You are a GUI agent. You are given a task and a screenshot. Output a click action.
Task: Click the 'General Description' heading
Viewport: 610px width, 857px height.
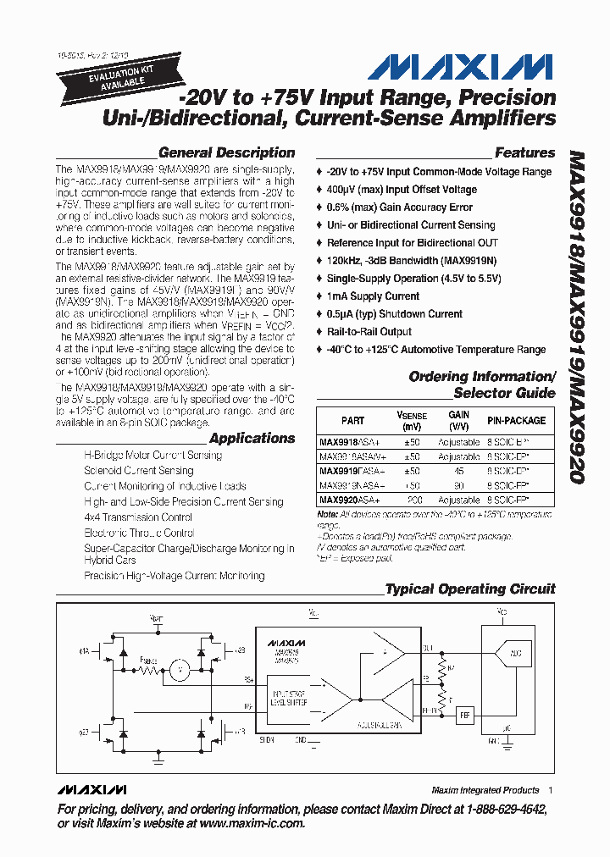click(226, 153)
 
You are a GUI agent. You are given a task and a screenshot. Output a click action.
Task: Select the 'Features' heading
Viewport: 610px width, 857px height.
click(524, 153)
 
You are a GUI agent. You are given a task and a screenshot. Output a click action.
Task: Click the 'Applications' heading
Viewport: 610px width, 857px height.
click(252, 439)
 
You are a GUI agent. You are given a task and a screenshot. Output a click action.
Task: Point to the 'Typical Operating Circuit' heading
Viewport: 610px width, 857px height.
click(470, 589)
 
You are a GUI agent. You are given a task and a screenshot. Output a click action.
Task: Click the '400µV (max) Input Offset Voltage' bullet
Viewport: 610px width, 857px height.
click(402, 190)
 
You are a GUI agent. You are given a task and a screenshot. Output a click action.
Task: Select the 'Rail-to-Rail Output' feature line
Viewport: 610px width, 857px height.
click(369, 331)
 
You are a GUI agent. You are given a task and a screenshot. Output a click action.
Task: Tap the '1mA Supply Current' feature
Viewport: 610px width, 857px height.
click(373, 296)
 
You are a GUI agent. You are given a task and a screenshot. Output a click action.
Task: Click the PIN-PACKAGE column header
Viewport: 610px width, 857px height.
click(517, 420)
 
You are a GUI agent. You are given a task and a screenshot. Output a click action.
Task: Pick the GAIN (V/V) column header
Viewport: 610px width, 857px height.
click(459, 420)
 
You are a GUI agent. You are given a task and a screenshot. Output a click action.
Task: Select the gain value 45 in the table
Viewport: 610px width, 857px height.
click(459, 470)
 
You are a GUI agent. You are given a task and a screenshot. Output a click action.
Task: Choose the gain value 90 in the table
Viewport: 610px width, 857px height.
click(459, 485)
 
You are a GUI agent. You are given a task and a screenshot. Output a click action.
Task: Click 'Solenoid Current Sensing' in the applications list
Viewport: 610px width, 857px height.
click(139, 471)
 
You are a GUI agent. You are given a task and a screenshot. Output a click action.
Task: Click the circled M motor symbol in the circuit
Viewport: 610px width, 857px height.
click(179, 670)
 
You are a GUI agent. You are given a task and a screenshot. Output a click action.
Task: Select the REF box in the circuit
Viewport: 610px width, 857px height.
click(463, 716)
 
